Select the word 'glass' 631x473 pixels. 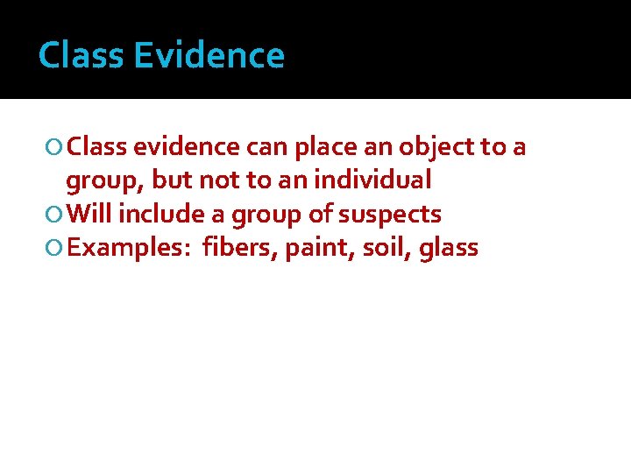click(x=449, y=248)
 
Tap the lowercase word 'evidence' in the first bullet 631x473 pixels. click(x=185, y=147)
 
